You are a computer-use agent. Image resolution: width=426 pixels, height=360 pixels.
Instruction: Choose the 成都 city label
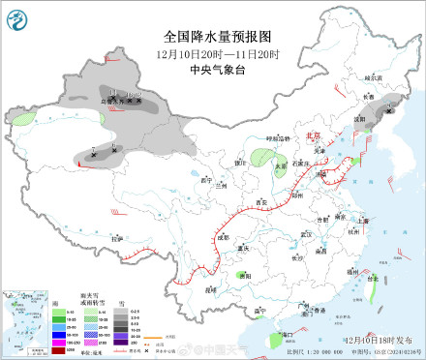[x=225, y=235]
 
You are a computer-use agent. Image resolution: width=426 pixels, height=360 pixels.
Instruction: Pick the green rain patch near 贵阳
[x=243, y=274]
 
